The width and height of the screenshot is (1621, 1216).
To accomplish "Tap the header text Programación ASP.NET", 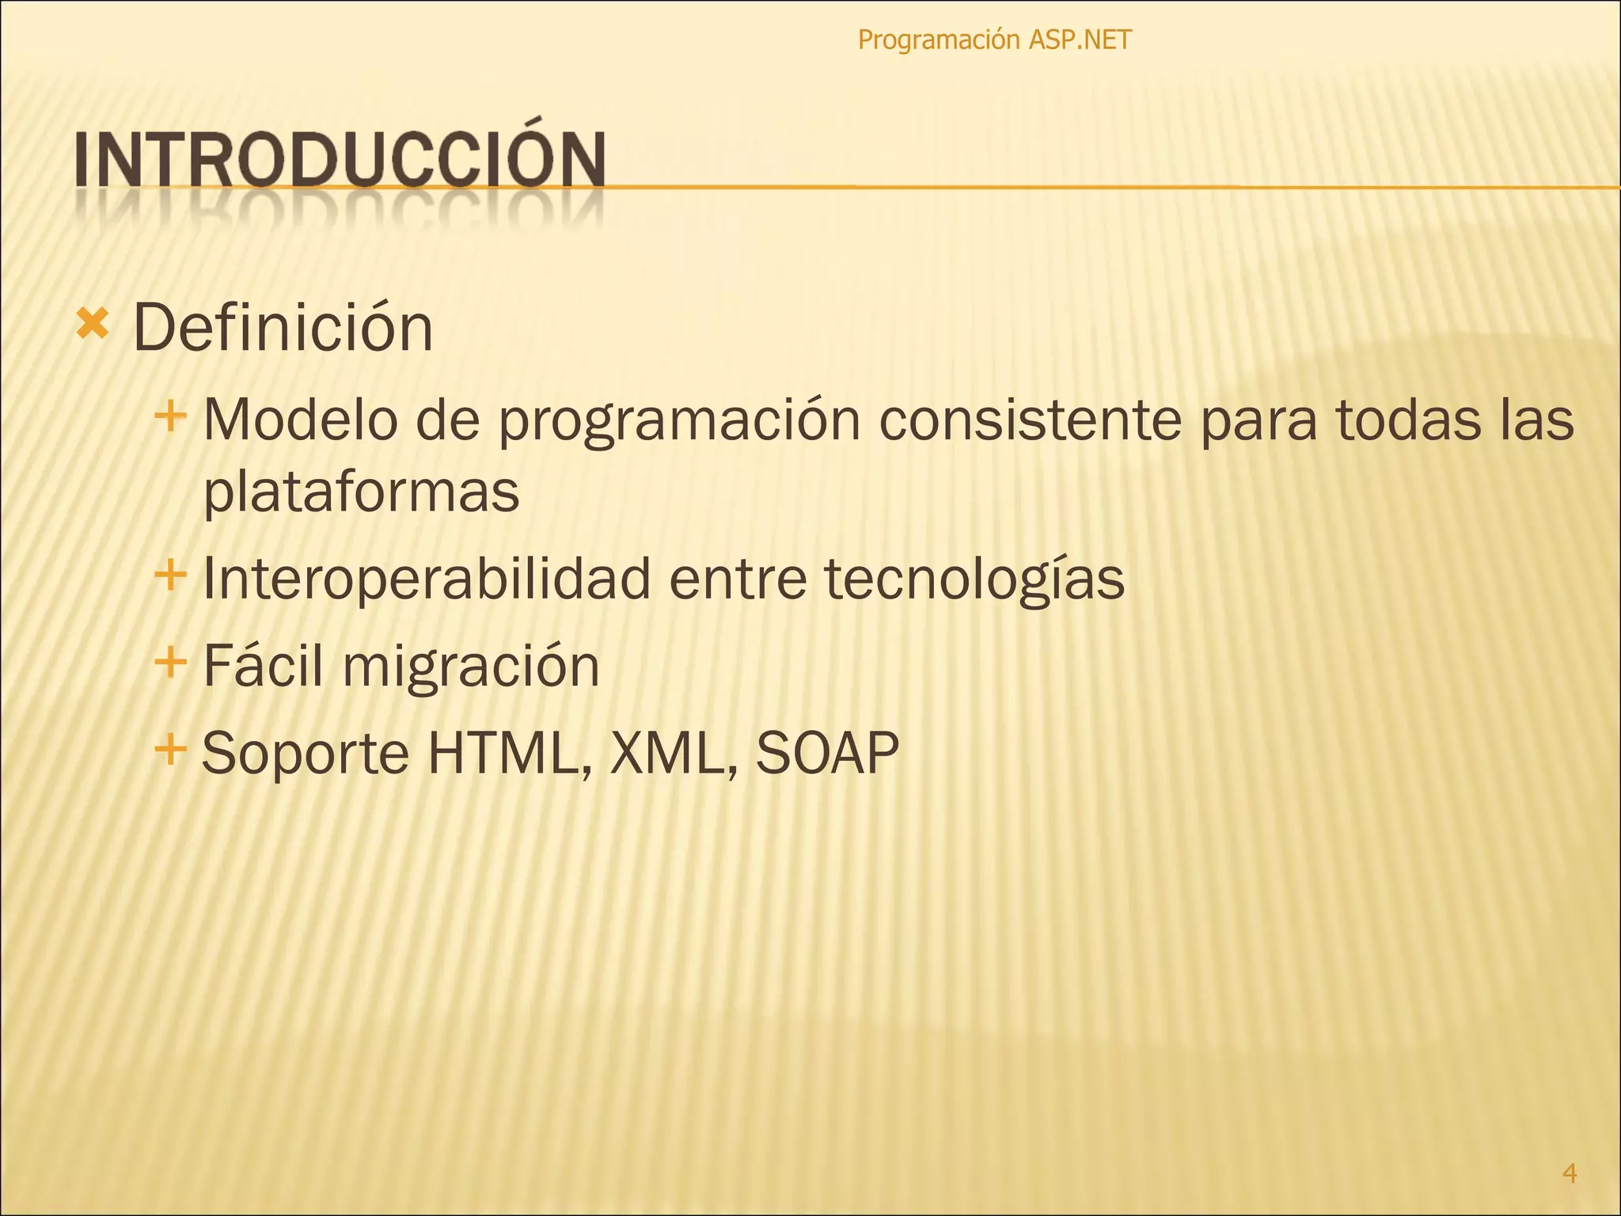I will click(x=994, y=40).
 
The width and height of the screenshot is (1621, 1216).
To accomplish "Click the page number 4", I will click(x=1570, y=1172).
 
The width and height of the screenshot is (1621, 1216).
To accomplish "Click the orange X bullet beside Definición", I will click(x=93, y=324).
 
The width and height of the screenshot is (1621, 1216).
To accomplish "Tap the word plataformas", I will click(x=361, y=491).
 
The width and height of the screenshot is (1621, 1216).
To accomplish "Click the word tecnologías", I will click(x=974, y=579).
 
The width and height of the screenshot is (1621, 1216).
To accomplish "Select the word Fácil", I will click(x=263, y=666).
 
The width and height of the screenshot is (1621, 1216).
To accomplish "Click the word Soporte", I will click(x=306, y=753).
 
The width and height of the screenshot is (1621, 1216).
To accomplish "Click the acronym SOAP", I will click(x=827, y=753).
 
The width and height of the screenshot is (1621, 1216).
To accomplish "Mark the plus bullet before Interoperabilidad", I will click(x=170, y=574).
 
